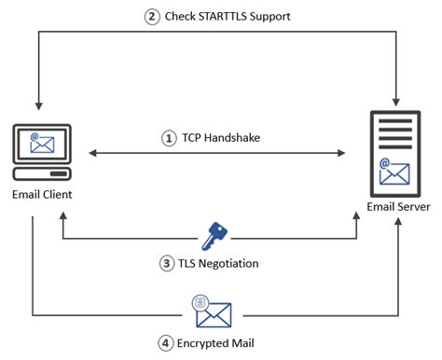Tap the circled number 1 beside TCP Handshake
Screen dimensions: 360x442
coord(169,137)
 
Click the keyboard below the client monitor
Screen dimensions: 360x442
coord(40,174)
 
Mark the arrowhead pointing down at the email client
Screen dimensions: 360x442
coord(38,103)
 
